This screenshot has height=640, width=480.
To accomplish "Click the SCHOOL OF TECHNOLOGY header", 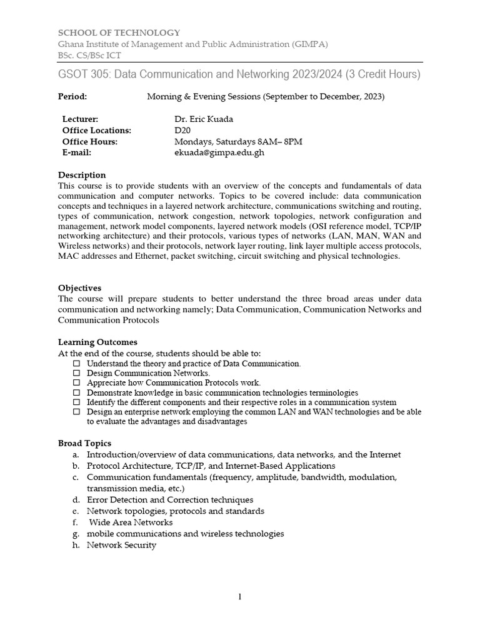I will pyautogui.click(x=119, y=32).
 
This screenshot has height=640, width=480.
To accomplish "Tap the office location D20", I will pyautogui.click(x=182, y=130).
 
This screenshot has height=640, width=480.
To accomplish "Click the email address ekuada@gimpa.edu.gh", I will pyautogui.click(x=215, y=152).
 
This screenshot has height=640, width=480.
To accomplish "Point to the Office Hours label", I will pyautogui.click(x=90, y=141).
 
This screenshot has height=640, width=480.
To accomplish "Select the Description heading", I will pyautogui.click(x=82, y=175).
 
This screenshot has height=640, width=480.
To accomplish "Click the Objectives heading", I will pyautogui.click(x=79, y=288).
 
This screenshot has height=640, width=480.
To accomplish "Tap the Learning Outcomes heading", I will pyautogui.click(x=97, y=342).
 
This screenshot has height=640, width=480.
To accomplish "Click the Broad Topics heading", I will pyautogui.click(x=84, y=443).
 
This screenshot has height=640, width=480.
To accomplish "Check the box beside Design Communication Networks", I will pyautogui.click(x=77, y=372).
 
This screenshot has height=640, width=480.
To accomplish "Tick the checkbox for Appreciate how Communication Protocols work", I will pyautogui.click(x=77, y=382).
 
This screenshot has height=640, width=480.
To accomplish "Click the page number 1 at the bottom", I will pyautogui.click(x=239, y=597).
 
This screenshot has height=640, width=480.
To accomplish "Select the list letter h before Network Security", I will pyautogui.click(x=76, y=545).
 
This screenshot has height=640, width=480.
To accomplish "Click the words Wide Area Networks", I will pyautogui.click(x=131, y=522).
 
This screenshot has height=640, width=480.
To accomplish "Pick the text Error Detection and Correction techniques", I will pyautogui.click(x=170, y=500).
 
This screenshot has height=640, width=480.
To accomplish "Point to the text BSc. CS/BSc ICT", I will pyautogui.click(x=90, y=55).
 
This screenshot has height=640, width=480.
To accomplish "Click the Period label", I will pyautogui.click(x=72, y=97).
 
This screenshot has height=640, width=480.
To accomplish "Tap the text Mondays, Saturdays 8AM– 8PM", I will pyautogui.click(x=238, y=141).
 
